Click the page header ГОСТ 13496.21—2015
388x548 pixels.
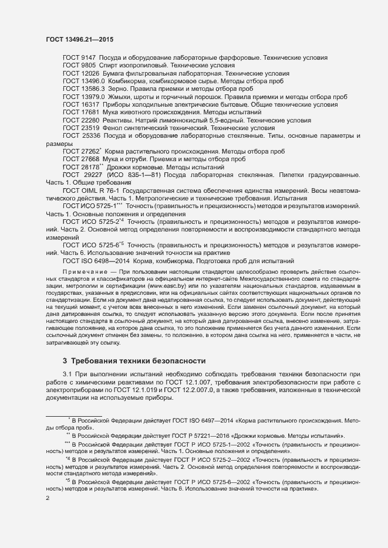[x=79, y=39]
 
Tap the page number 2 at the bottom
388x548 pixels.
[x=47, y=498]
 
